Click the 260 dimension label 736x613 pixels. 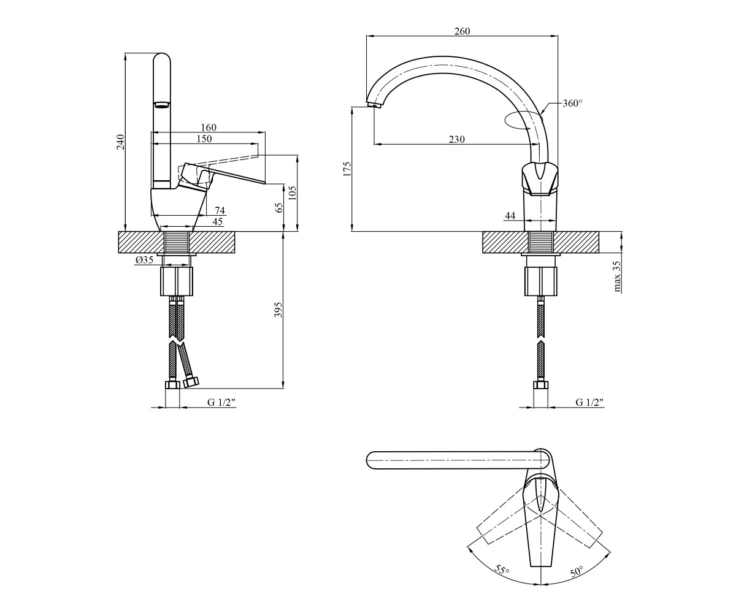(462, 31)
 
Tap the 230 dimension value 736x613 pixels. (456, 140)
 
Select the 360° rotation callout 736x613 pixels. (572, 103)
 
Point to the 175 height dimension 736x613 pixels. (348, 169)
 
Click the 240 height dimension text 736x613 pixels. (121, 142)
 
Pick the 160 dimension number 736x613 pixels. (209, 127)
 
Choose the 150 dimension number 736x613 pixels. (204, 139)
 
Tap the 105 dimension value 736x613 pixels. (293, 194)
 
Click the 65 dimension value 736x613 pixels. (279, 208)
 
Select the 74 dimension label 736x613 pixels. (220, 210)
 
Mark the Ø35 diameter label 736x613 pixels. (144, 260)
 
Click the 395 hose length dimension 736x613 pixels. (278, 310)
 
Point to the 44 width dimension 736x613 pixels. (510, 216)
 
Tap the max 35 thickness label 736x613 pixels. (616, 277)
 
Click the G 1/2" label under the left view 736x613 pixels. (221, 402)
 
